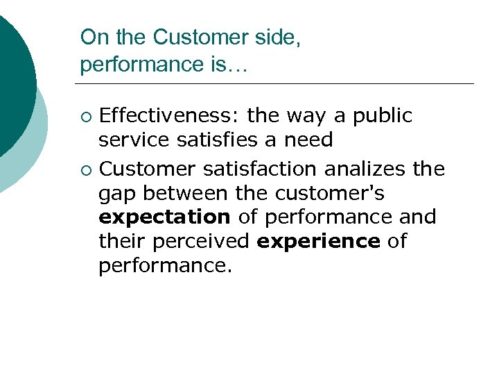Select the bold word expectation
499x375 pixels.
pyautogui.click(x=164, y=217)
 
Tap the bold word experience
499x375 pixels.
pyautogui.click(x=318, y=242)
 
